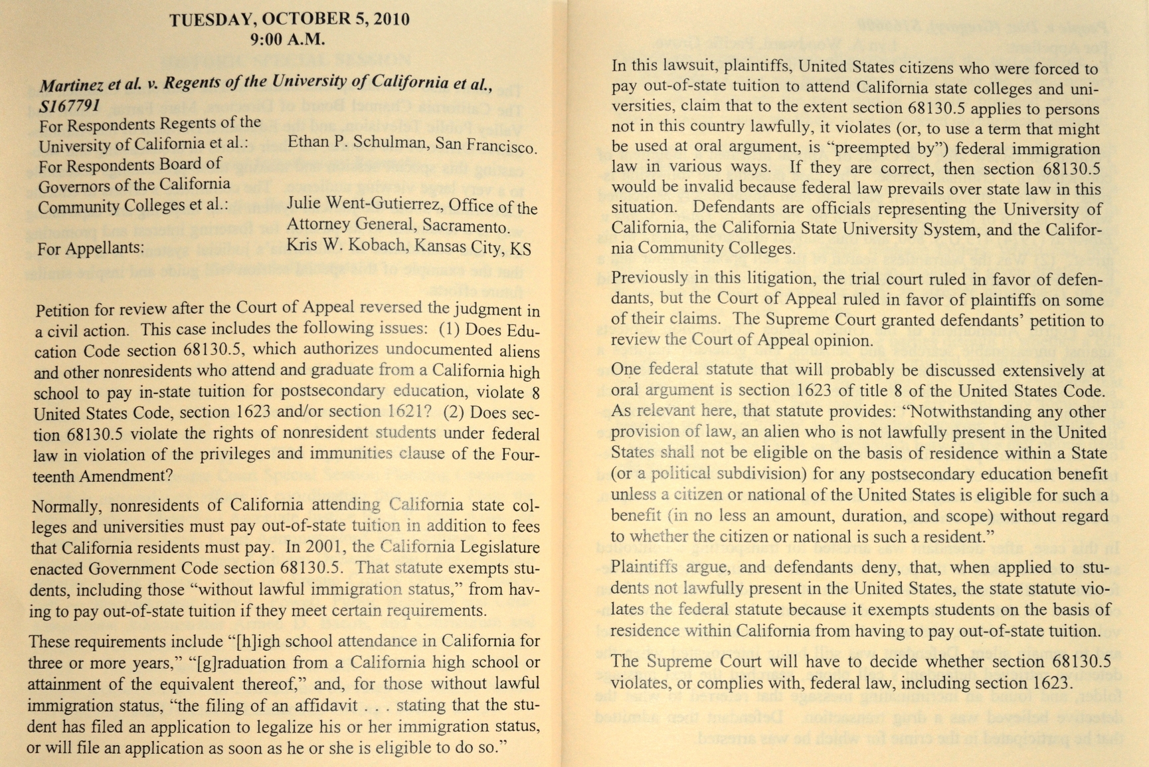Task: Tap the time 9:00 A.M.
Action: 288,39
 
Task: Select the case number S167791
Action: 70,106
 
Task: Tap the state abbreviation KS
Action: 521,249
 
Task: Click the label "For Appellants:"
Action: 90,249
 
